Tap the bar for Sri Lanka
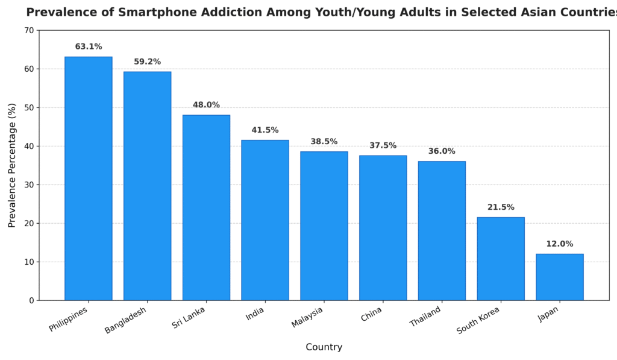206,207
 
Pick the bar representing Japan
560,277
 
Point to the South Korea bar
501,259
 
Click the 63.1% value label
89,47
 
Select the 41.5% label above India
265,130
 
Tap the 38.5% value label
324,142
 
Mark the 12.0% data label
560,244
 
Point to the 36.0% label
442,151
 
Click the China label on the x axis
371,314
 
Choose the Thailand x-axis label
425,317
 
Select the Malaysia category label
307,317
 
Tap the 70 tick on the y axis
29,30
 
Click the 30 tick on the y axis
29,185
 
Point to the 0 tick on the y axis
31,300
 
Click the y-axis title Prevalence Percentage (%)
12,165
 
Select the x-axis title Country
324,347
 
